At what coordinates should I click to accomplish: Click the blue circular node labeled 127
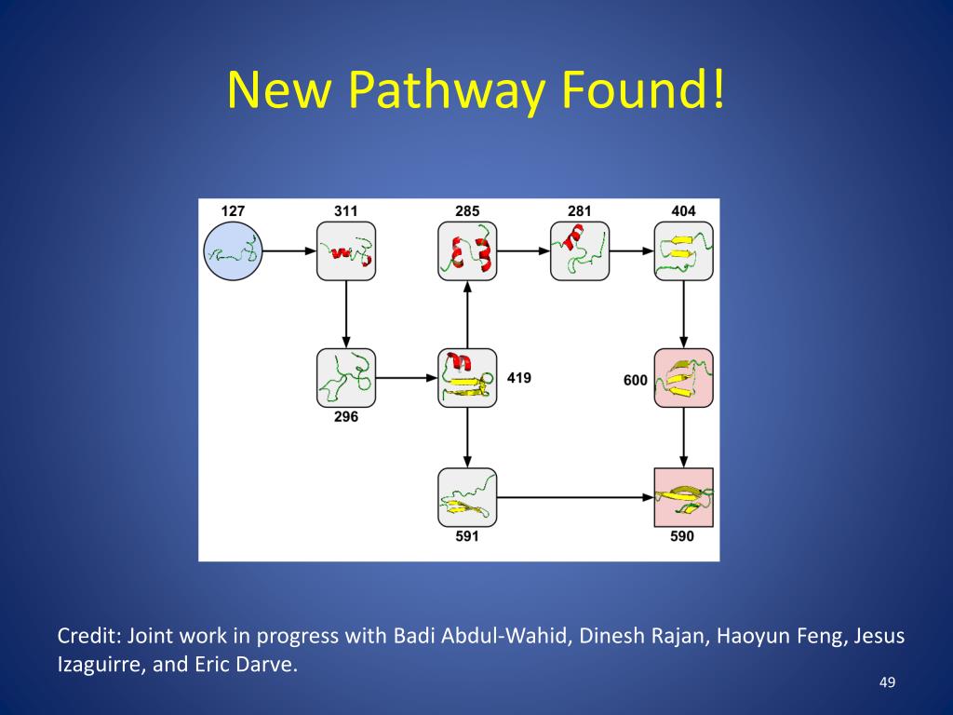click(x=234, y=251)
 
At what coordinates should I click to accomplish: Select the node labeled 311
click(x=346, y=251)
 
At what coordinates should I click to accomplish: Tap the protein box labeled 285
click(x=467, y=251)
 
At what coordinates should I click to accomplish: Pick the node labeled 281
click(x=580, y=251)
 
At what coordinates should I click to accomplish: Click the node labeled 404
click(x=684, y=251)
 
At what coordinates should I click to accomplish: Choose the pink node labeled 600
click(x=684, y=378)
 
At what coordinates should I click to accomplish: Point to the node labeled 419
click(x=467, y=378)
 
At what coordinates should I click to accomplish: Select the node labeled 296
click(x=346, y=378)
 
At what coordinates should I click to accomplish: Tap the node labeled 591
click(x=467, y=497)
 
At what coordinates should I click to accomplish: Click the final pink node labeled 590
click(x=684, y=497)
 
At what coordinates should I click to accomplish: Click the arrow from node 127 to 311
click(x=289, y=251)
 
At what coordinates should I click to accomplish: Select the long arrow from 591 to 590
click(x=575, y=497)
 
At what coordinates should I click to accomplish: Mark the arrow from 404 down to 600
click(x=684, y=315)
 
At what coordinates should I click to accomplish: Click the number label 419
click(x=519, y=378)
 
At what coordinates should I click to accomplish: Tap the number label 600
click(x=636, y=380)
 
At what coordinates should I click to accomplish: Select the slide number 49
click(x=887, y=684)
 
